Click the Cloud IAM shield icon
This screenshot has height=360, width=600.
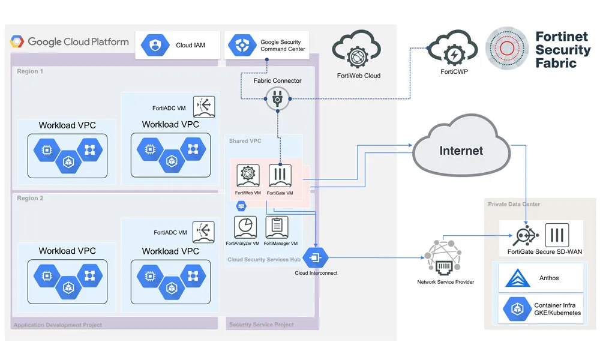coord(155,45)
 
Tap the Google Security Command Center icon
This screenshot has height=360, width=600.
coord(241,45)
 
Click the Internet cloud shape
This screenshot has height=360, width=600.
coord(460,149)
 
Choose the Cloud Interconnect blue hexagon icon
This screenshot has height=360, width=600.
coord(316,258)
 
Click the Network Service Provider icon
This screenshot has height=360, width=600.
coord(445,257)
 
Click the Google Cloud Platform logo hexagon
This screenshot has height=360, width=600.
coord(17,43)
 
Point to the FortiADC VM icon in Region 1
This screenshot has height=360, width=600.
coord(204,107)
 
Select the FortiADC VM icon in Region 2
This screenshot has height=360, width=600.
coord(204,232)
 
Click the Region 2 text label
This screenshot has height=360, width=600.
coord(30,199)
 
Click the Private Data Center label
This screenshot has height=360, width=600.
coord(514,205)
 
